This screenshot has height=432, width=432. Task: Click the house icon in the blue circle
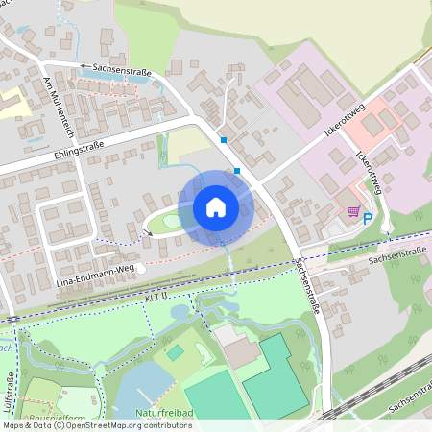216,206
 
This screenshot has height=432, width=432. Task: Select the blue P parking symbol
368,218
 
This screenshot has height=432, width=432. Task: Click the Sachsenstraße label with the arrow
120,67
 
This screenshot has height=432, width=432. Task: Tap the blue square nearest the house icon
237,171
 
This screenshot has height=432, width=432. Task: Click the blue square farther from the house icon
223,140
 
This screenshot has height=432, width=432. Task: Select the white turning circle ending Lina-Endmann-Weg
141,269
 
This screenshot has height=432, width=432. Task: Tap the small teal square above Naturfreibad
174,352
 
